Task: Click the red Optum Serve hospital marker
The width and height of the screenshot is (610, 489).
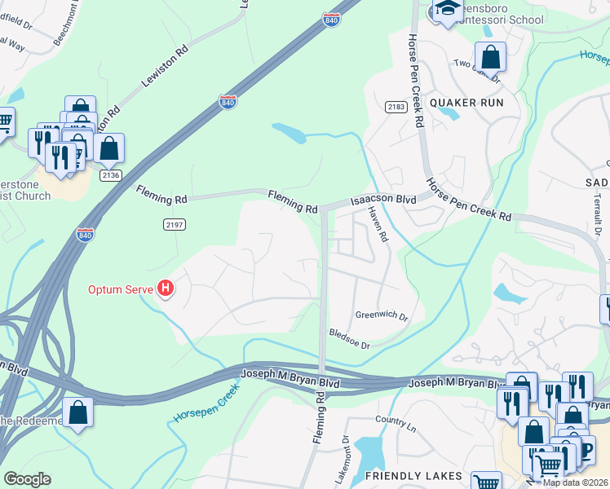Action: tap(166, 289)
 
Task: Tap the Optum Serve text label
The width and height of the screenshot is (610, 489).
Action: tap(122, 289)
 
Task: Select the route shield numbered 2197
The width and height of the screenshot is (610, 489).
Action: tap(174, 224)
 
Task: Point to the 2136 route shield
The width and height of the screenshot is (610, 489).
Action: tap(110, 175)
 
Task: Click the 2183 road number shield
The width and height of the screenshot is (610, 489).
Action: tap(396, 107)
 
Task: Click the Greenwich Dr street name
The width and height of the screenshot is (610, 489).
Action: tap(381, 315)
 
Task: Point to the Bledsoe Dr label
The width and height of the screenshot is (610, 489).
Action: tap(349, 339)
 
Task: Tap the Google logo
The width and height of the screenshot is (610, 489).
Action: tap(26, 479)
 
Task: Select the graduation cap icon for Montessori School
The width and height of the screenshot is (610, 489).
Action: tap(447, 10)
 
